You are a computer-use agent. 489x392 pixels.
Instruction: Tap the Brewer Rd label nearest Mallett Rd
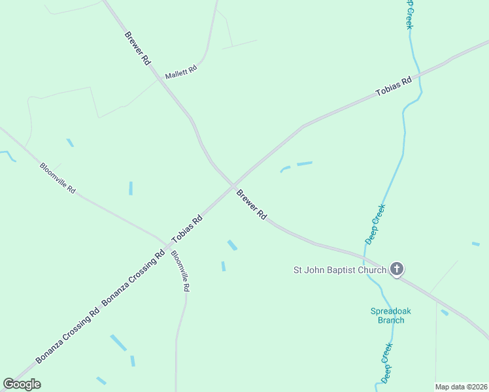[x=138, y=47]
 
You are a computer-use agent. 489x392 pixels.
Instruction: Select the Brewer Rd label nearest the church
[x=252, y=204]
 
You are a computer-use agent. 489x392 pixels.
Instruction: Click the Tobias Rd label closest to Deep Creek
[x=394, y=87]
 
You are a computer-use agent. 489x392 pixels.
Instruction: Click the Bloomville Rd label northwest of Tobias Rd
[x=58, y=178]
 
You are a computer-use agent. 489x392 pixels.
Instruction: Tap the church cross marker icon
[x=396, y=269]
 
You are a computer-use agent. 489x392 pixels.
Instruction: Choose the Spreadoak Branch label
[x=391, y=316]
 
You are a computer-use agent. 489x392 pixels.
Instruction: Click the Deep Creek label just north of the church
[x=375, y=224]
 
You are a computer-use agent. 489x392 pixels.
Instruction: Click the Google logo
[x=22, y=384]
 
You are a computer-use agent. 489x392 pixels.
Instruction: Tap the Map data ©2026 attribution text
[x=462, y=387]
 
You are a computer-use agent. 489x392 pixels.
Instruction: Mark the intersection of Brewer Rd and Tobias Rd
[x=233, y=186]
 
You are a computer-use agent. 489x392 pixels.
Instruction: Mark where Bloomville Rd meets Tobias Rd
[x=168, y=244]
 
